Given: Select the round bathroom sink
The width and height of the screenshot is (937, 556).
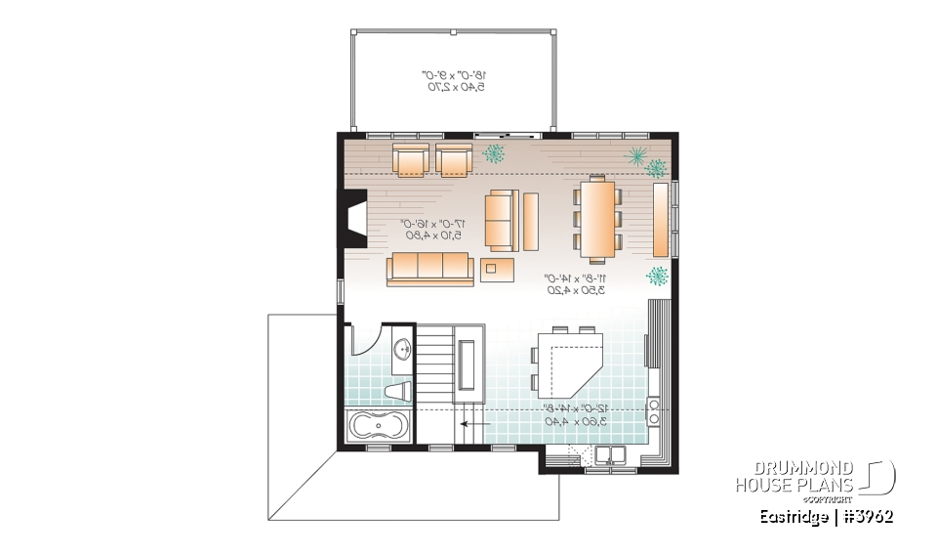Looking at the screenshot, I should click(x=402, y=349).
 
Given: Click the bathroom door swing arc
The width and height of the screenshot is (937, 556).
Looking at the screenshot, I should click(x=363, y=341).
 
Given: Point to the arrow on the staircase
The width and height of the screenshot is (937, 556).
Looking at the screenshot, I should click(x=476, y=424).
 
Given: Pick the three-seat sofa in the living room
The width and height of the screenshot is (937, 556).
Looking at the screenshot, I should click(x=429, y=268).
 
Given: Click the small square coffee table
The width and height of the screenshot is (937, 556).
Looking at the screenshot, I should click(x=496, y=269).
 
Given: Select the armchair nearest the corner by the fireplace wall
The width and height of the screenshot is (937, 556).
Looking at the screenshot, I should click(x=411, y=160).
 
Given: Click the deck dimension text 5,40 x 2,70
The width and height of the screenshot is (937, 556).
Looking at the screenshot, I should click(x=454, y=87).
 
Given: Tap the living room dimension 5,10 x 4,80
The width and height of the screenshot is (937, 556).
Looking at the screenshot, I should click(x=430, y=235).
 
